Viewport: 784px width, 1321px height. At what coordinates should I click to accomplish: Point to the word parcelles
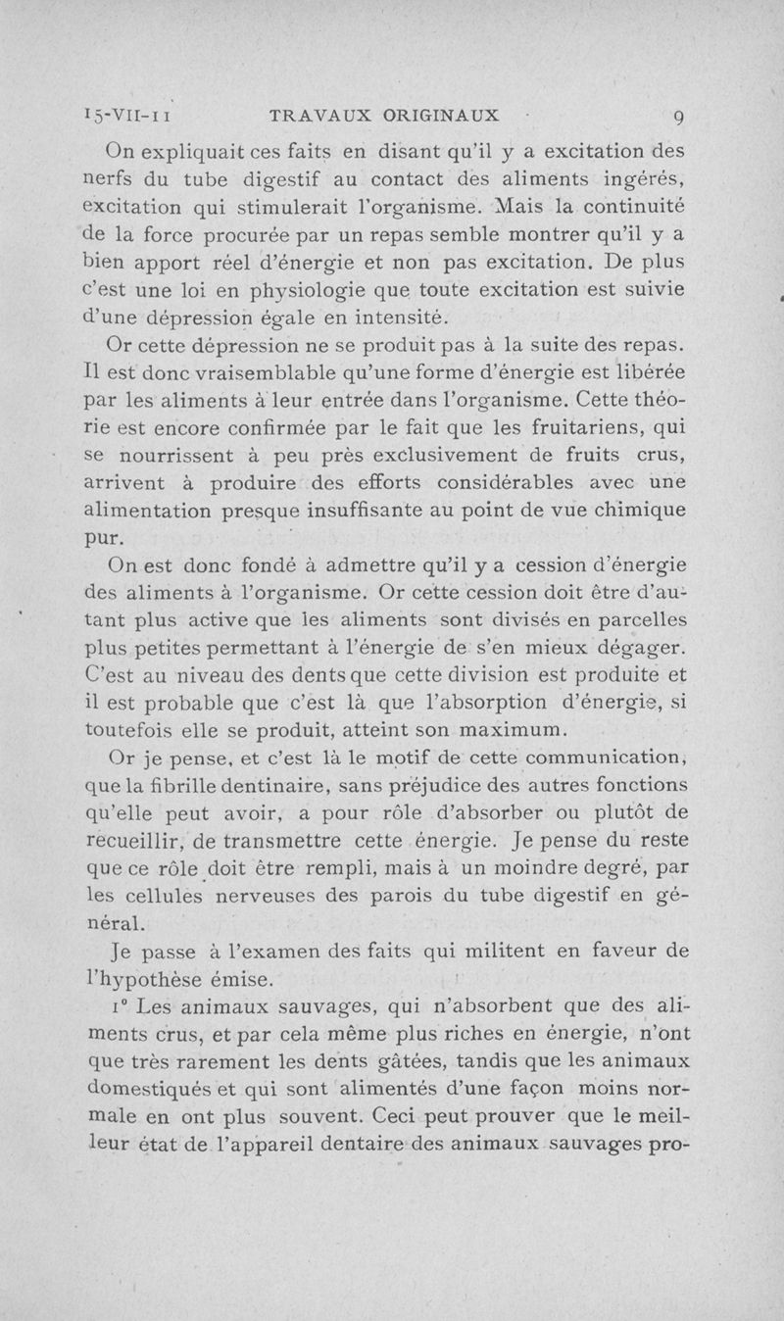click(x=632, y=620)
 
